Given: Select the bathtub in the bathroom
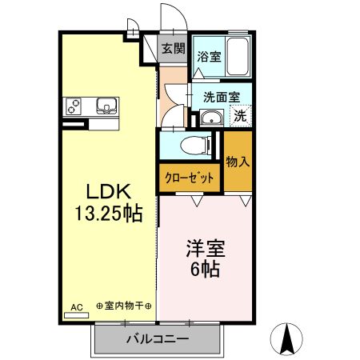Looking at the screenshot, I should coord(238,57).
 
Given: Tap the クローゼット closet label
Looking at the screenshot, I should coord(190,178).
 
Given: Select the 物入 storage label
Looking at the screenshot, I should coord(238,162).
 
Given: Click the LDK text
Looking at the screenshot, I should coord(107,192).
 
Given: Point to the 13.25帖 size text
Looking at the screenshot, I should coord(107,214).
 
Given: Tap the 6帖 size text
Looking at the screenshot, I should coord(203,270).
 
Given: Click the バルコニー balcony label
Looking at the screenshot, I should coord(157,340).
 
